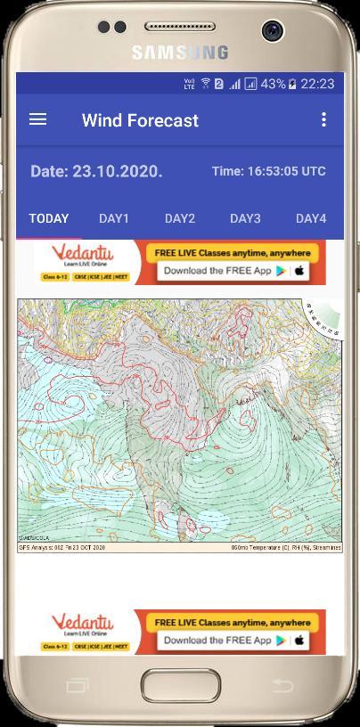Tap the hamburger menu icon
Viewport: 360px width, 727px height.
pos(37,119)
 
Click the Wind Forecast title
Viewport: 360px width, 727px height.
pos(140,120)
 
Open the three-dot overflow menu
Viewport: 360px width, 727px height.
pos(323,119)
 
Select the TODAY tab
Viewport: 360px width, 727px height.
pos(49,218)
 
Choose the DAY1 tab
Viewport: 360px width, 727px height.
pos(114,218)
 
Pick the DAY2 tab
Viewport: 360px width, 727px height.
pos(179,218)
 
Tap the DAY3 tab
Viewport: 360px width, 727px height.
pos(245,218)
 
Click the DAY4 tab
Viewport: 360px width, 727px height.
pos(311,218)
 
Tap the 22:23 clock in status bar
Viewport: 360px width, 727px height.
pos(317,84)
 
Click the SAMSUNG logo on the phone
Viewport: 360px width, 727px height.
pos(180,53)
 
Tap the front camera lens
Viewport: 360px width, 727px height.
pos(273,31)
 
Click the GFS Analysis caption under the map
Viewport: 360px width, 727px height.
pos(61,547)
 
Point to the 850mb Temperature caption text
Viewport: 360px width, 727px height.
pos(286,547)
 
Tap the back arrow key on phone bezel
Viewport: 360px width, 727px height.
pos(282,684)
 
